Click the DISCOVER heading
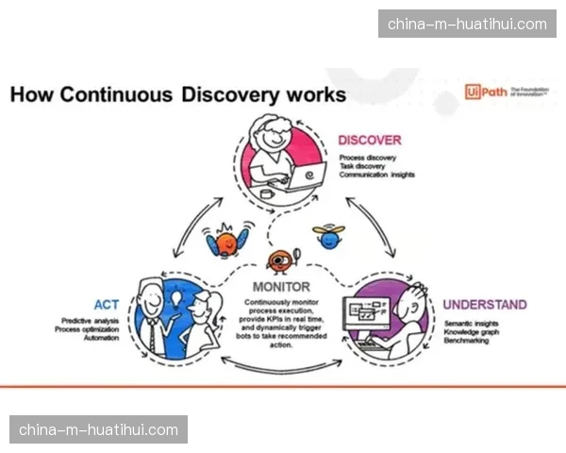click(370, 141)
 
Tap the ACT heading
click(107, 305)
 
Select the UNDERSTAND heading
click(485, 305)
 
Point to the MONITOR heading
click(282, 287)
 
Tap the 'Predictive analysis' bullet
click(91, 322)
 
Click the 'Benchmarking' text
click(466, 340)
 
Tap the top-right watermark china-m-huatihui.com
click(467, 24)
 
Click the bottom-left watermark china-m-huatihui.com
click(98, 430)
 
